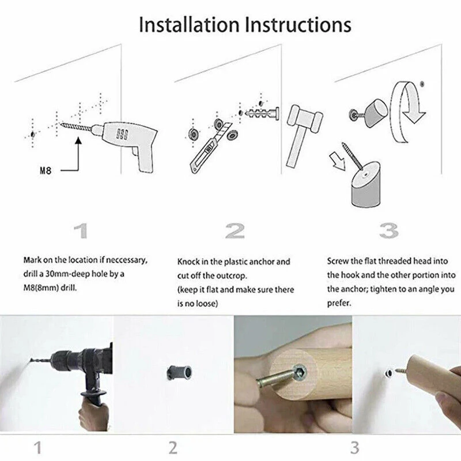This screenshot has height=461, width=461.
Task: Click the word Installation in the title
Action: (x=189, y=24)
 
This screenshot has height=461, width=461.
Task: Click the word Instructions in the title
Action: (x=298, y=24)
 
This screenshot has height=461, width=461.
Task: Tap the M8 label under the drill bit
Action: (x=46, y=170)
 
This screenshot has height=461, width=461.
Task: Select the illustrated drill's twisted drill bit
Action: (x=76, y=127)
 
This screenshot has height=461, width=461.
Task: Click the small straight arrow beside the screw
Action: (x=338, y=161)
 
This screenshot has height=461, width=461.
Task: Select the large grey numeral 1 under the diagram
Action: (x=81, y=231)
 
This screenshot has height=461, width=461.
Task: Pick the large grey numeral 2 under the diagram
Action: (x=235, y=231)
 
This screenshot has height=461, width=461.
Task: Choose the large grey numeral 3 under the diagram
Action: (x=388, y=231)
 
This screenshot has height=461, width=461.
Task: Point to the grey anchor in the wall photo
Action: (x=179, y=372)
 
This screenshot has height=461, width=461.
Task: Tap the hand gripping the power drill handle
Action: (x=93, y=415)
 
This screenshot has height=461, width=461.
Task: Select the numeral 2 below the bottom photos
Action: (x=173, y=448)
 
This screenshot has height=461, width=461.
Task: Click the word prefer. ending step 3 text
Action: (x=339, y=303)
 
